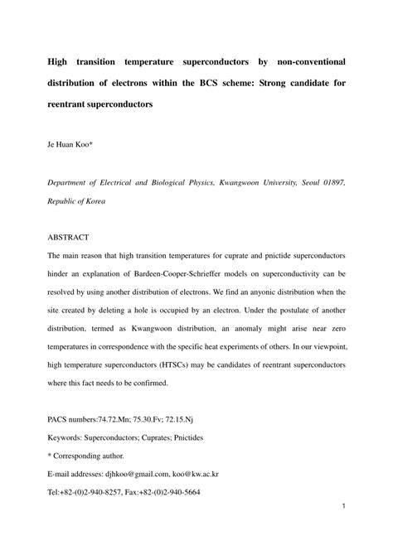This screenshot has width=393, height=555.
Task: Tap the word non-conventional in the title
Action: click(304, 61)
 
